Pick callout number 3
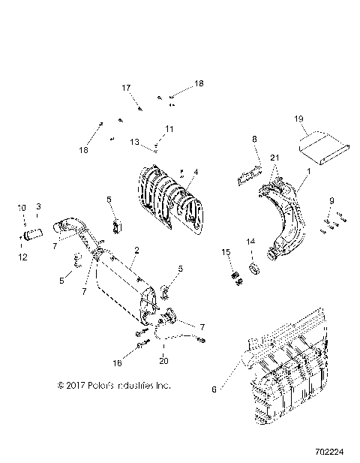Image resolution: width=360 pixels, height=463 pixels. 38,206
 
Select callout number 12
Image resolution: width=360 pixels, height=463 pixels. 21,257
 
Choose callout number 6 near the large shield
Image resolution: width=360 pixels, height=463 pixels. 214,389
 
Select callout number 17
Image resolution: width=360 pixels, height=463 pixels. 126,88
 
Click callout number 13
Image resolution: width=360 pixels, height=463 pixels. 134,142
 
